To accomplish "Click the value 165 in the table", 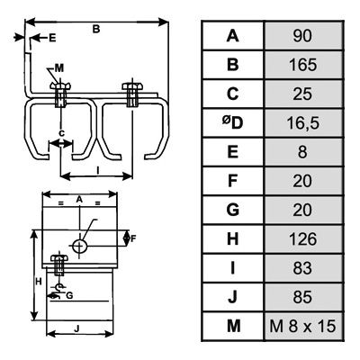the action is pyautogui.click(x=302, y=65).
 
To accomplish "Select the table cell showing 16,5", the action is pyautogui.click(x=302, y=123).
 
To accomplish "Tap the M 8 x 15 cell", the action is pyautogui.click(x=302, y=326).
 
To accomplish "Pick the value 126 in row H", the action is pyautogui.click(x=302, y=239).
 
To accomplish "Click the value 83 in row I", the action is pyautogui.click(x=302, y=268).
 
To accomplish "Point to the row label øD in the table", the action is pyautogui.click(x=232, y=123).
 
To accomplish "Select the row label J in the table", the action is pyautogui.click(x=232, y=297).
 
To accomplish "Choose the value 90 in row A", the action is pyautogui.click(x=302, y=36).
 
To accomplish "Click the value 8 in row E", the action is pyautogui.click(x=302, y=152).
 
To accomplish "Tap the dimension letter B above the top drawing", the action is pyautogui.click(x=95, y=29).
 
